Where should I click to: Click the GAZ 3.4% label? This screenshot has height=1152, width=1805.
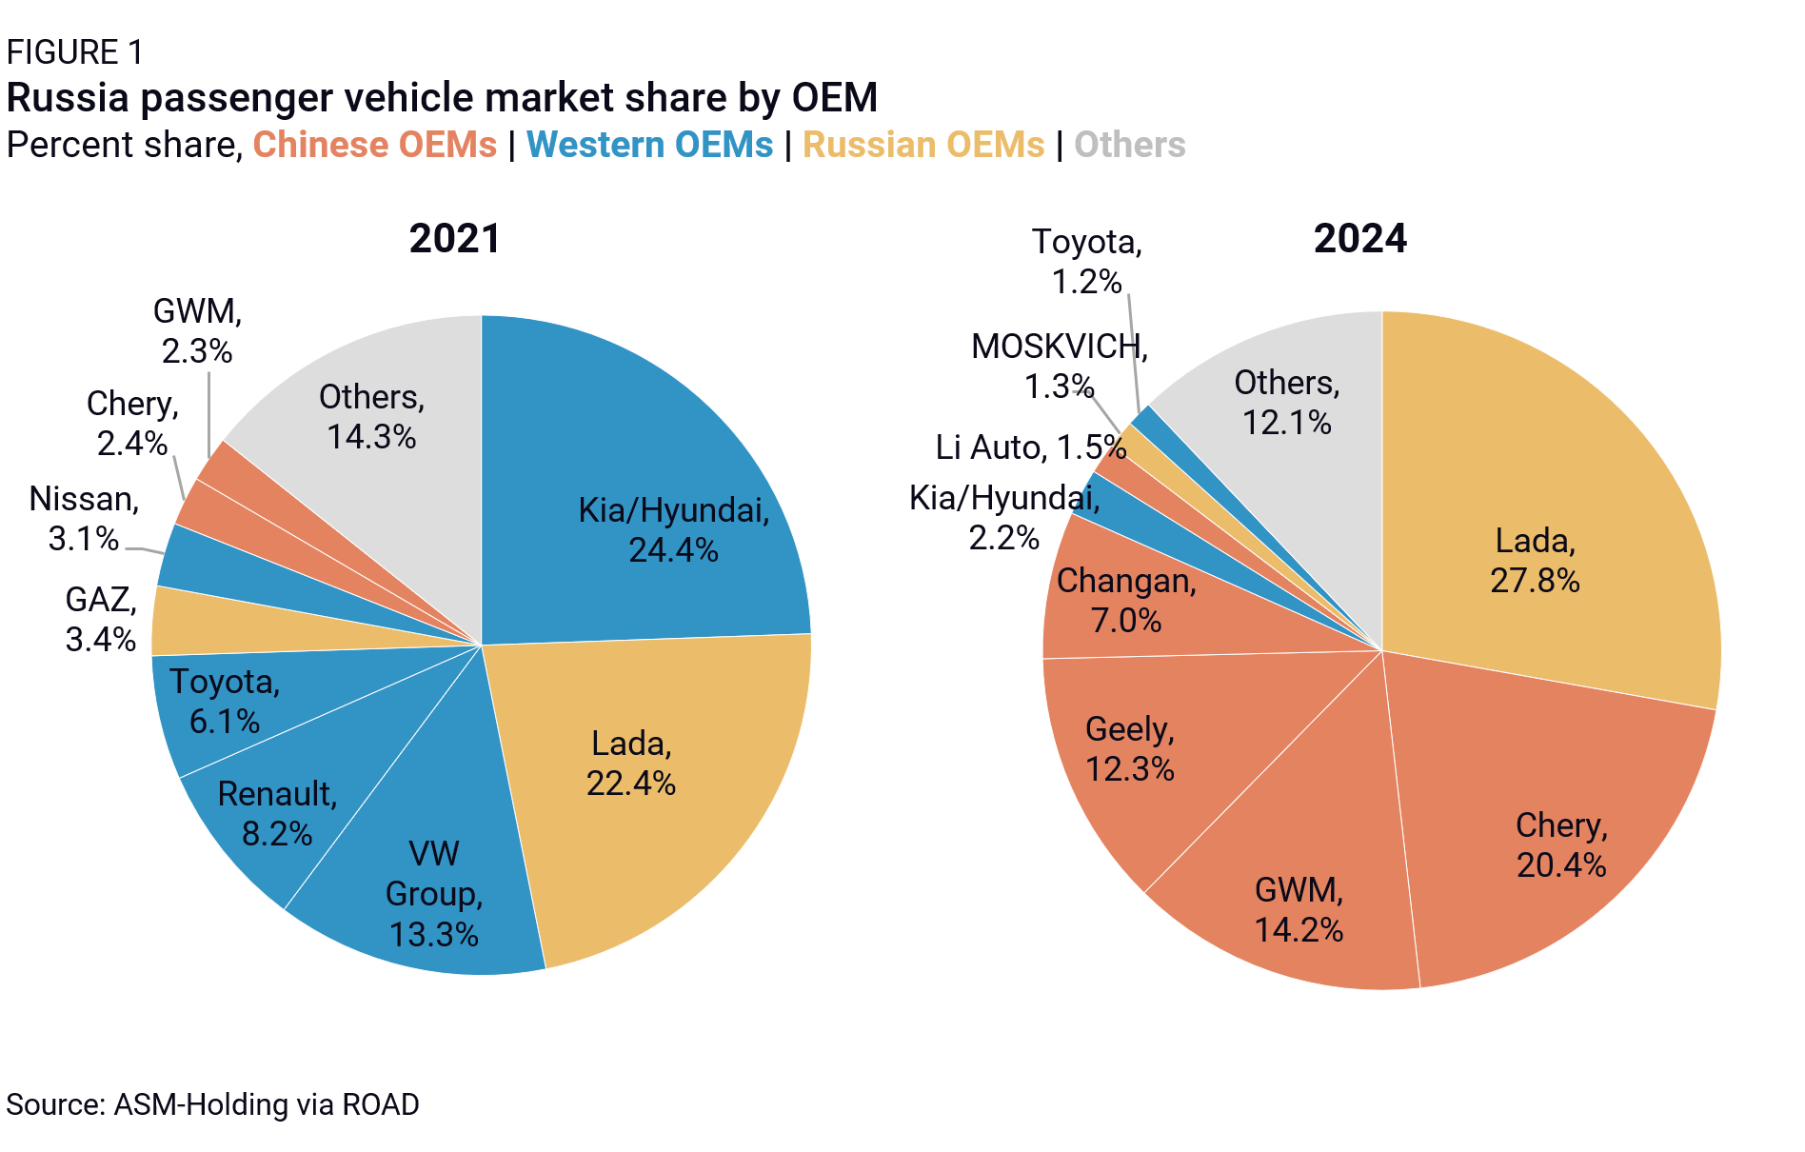pos(101,619)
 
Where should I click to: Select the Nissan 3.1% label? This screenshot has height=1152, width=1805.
pos(84,518)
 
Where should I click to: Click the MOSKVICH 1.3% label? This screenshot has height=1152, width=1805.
pos(1060,366)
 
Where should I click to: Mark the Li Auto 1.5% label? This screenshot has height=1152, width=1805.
pos(1031,447)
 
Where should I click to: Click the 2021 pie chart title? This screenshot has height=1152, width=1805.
pos(455,238)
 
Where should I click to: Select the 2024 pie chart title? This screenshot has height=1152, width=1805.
pos(1360,238)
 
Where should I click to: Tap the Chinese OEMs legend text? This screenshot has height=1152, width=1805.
pos(374,145)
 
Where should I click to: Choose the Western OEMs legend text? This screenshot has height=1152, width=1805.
pos(649,145)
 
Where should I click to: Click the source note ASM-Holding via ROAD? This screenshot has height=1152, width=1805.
pos(212,1104)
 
